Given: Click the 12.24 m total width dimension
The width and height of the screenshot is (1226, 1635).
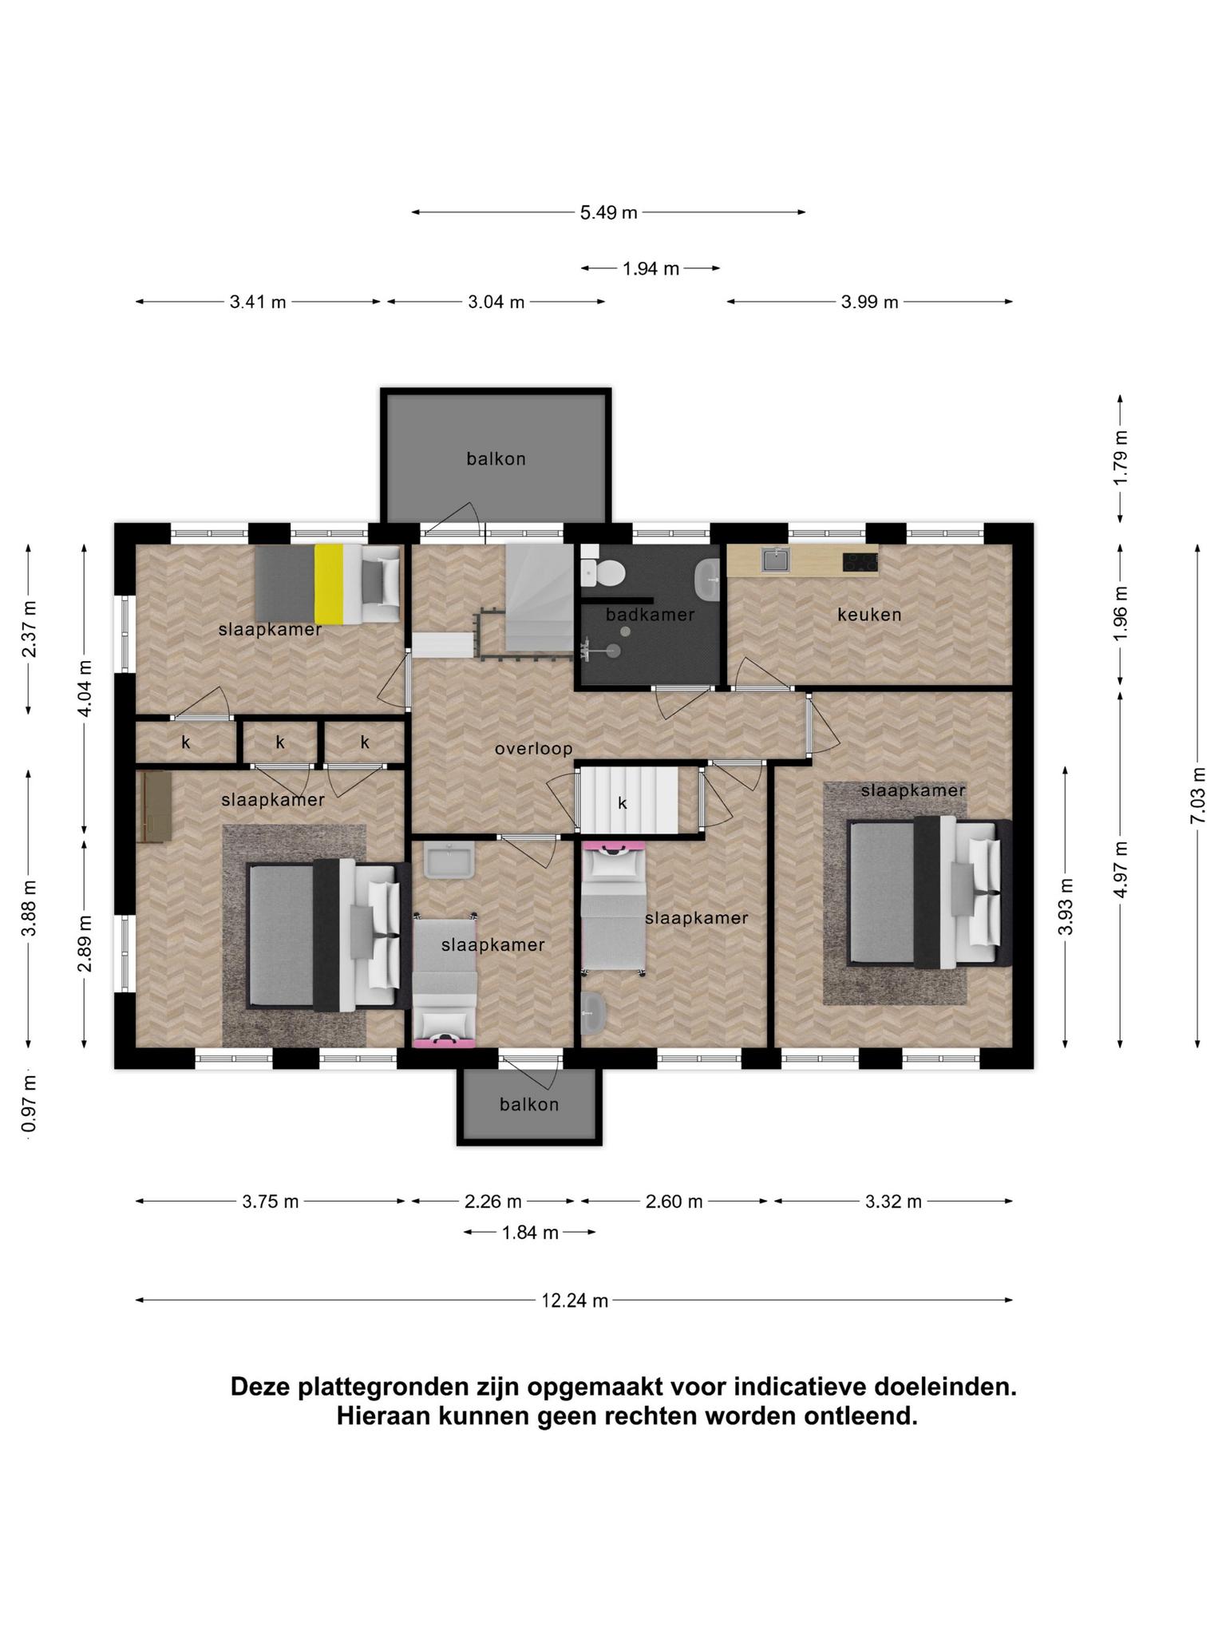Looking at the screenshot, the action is (575, 1300).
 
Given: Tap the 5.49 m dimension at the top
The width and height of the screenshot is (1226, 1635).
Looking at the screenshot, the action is (608, 212).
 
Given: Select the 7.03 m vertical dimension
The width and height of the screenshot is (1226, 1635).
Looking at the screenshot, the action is (1197, 795).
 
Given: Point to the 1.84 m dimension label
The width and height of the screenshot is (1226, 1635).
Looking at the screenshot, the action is (530, 1233).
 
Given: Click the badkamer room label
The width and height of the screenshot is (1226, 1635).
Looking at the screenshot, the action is (650, 615).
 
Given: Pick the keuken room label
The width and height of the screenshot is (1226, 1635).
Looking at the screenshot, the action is (869, 615).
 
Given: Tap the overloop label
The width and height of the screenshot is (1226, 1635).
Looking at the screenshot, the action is (533, 749).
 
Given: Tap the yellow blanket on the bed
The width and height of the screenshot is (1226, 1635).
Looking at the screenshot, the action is (328, 584).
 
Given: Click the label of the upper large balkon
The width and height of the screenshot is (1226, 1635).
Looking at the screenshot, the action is (496, 459).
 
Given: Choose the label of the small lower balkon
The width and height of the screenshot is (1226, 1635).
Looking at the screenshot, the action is (529, 1104).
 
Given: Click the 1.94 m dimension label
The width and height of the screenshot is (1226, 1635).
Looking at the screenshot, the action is (651, 269).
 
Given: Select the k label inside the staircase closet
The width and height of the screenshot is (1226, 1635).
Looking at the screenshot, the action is (623, 803).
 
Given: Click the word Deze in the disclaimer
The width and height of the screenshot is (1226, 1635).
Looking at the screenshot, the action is (260, 1387).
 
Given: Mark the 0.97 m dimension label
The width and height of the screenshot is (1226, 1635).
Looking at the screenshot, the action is (30, 1104).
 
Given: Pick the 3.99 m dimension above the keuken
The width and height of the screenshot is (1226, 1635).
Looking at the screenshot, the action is (869, 302).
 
